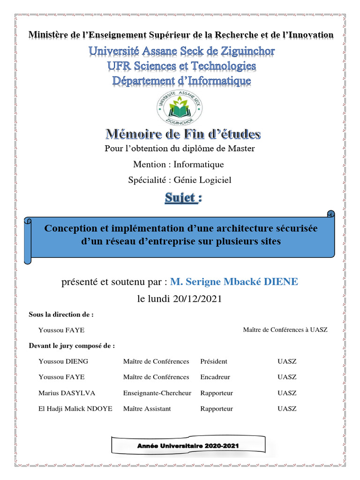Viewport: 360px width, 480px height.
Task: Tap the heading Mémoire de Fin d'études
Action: coord(182,135)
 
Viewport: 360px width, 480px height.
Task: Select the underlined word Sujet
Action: coord(180,198)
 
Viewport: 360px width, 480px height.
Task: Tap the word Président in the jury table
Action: coord(213,361)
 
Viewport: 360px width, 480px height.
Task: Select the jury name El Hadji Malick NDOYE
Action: coord(75,409)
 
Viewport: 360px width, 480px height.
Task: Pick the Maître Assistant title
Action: coord(147,409)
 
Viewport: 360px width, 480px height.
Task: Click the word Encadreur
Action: coord(215,377)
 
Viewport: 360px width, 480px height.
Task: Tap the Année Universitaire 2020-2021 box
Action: coord(188,446)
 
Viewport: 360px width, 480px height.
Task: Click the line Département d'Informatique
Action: coord(181,81)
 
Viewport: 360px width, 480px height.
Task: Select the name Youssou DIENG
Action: coord(63,361)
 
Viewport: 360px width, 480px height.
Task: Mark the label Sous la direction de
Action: coord(61,315)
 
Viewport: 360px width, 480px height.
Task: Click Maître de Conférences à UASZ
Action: coord(285,330)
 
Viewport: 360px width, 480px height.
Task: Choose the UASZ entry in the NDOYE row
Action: coord(287,409)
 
